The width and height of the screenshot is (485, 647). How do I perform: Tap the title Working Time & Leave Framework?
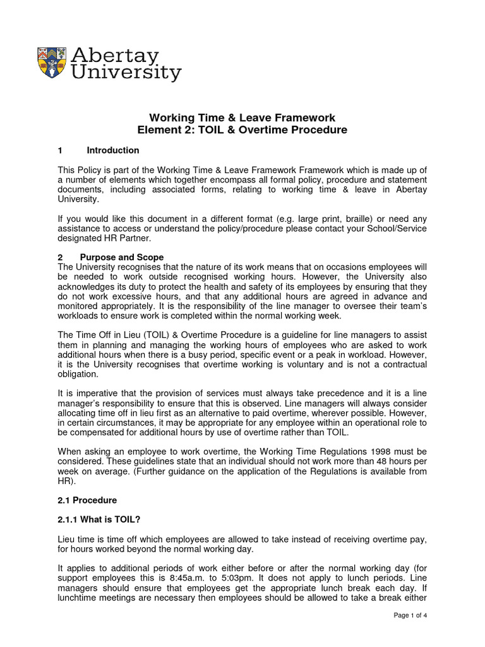[x=242, y=118]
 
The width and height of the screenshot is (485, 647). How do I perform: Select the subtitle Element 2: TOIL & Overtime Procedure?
[x=242, y=130]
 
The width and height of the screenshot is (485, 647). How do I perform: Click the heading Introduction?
[x=113, y=150]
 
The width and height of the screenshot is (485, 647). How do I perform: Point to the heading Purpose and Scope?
[x=122, y=257]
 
